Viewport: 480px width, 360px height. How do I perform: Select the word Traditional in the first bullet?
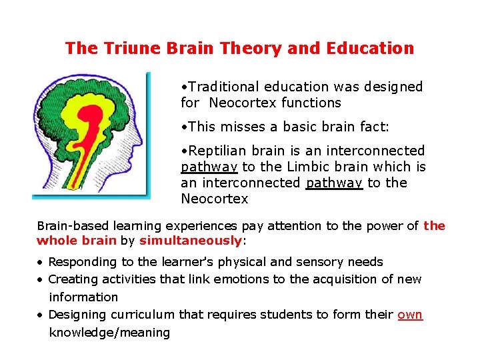point(224,87)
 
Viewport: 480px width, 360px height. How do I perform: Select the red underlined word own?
point(410,314)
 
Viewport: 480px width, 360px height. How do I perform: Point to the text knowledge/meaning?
point(109,332)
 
